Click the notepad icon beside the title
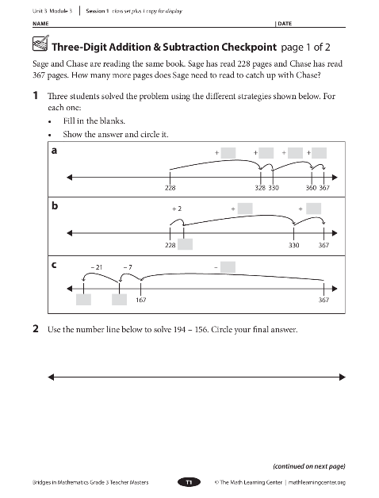coord(40,43)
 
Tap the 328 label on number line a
coord(260,188)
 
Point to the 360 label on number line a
coord(311,188)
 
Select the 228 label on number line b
coord(170,245)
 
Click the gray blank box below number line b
coord(185,244)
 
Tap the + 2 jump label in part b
coord(177,209)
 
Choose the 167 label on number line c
coord(140,300)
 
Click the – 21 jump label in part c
coord(97,267)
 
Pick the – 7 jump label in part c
coord(128,267)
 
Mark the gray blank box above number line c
coord(228,266)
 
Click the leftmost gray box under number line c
coord(83,300)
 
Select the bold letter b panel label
coord(55,206)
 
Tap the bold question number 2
coord(36,329)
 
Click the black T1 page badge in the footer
coord(189,482)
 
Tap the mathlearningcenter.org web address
coord(316,482)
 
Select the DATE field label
coord(285,24)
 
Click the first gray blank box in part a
coord(228,153)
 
